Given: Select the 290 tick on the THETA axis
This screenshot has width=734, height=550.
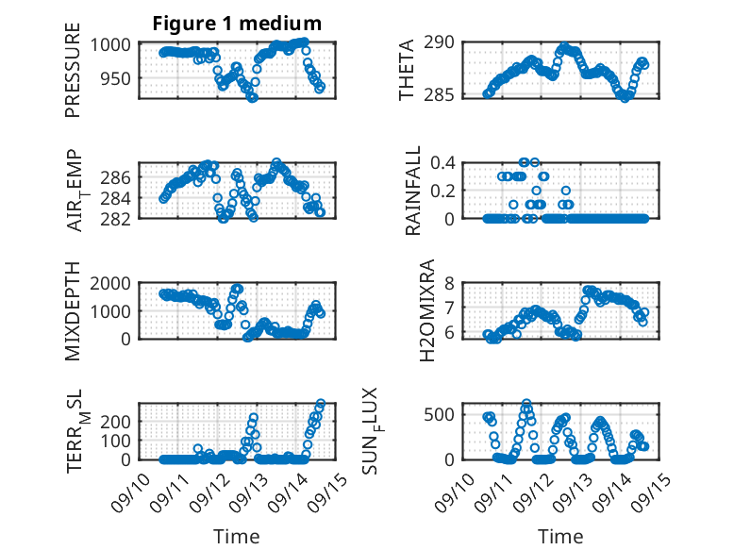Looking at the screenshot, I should point(444,42).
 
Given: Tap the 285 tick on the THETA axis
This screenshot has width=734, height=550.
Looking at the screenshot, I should point(444,94).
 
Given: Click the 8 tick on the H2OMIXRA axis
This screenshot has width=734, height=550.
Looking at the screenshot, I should point(451,282).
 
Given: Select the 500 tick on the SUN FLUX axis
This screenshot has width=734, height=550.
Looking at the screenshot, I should point(444,414).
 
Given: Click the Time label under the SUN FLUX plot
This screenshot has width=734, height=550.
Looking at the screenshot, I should point(560,537).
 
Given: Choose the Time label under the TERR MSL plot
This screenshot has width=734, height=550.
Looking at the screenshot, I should point(237,537).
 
